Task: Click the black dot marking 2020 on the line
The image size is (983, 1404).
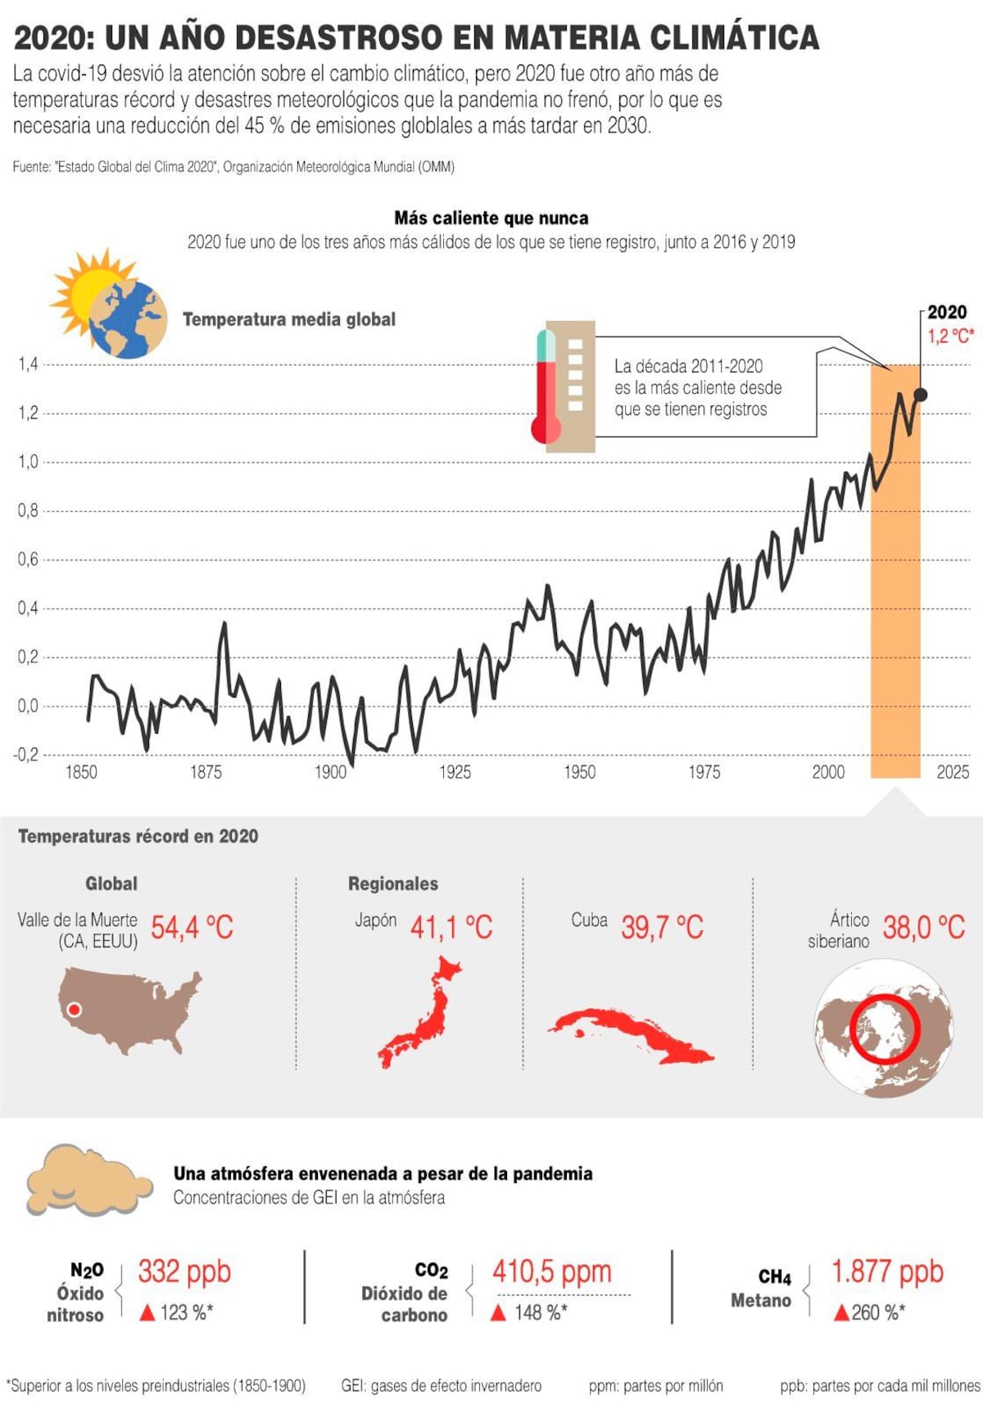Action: (x=920, y=395)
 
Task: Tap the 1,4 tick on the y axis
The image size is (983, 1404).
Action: (x=28, y=364)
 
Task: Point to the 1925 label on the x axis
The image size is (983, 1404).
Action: (x=455, y=772)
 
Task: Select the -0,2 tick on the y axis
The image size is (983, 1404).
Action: (x=25, y=754)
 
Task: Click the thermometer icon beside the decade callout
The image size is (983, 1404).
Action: (x=546, y=386)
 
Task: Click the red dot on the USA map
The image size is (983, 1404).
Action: (x=74, y=1009)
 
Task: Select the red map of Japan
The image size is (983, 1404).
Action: (x=423, y=1013)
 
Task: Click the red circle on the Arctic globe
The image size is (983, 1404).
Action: (x=884, y=1028)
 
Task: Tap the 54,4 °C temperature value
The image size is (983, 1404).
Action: (x=192, y=928)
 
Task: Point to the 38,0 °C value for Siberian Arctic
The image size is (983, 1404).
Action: (x=923, y=928)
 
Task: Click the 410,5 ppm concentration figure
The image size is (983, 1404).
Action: (x=551, y=1272)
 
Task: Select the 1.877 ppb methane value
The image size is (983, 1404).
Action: (x=887, y=1272)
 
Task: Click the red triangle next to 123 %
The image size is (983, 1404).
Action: (x=147, y=1312)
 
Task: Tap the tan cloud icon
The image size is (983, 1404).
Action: (x=88, y=1181)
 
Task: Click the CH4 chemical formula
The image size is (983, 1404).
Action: (x=774, y=1276)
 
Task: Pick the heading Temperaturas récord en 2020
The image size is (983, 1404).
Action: (x=138, y=836)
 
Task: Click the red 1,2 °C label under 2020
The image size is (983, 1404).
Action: (x=950, y=336)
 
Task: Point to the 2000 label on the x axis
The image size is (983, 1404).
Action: (x=828, y=772)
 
